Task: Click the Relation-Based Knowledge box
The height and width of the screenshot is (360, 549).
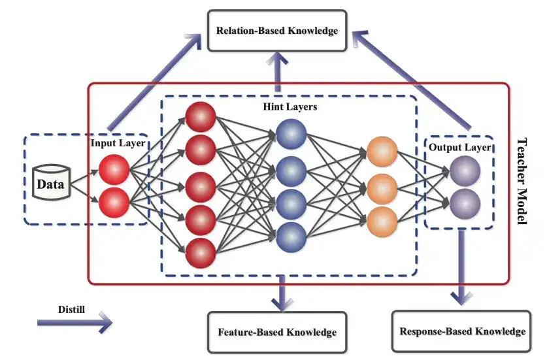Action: coord(277,30)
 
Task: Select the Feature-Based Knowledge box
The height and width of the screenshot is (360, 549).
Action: coord(276,332)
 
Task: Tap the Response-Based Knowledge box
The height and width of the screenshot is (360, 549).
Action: coord(463,331)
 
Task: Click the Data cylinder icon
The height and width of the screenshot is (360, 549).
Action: coord(50,184)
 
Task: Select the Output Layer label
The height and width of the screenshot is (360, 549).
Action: coord(459,147)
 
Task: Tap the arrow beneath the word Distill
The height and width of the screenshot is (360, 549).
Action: coord(75,321)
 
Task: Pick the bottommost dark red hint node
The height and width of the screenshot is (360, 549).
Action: coord(201,252)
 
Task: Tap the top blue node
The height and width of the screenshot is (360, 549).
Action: coord(291,134)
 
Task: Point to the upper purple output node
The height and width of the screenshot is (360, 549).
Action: coord(465,171)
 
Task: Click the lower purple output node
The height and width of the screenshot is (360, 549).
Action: coord(465,203)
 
